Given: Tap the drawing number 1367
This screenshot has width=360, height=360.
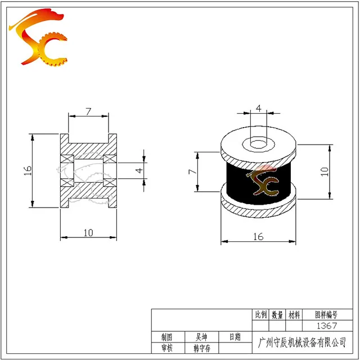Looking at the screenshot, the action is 327,326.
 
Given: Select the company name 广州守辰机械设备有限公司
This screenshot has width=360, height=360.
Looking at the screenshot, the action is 302,343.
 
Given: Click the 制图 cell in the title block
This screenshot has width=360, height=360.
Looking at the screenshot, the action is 166,337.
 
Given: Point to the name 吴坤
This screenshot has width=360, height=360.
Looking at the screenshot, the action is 201,337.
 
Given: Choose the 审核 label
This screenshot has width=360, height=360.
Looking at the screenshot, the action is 167,348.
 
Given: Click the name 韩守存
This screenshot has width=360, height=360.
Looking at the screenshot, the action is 202,349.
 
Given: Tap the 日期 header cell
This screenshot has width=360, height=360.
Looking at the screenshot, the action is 235,337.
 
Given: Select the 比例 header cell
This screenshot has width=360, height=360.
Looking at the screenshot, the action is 260,314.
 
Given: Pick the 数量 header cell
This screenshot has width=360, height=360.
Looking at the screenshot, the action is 277,315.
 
